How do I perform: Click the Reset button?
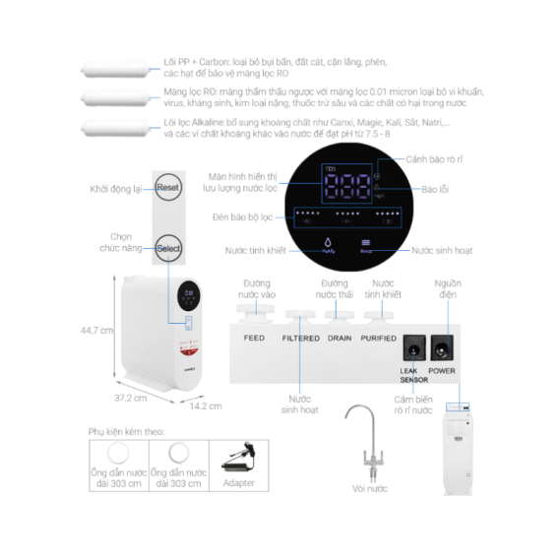point(167,188)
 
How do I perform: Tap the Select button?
point(168,249)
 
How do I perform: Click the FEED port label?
point(254,338)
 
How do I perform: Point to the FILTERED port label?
point(300,338)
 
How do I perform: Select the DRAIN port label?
point(340,338)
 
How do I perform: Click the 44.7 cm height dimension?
point(96,331)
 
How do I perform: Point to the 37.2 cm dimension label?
point(130,399)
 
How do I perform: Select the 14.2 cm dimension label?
point(205,405)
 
